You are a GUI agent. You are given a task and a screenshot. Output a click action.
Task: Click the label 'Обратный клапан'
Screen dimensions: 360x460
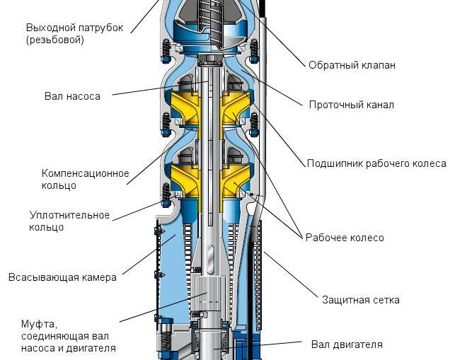(x=352, y=65)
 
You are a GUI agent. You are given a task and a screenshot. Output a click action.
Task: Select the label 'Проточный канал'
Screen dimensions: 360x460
(x=351, y=105)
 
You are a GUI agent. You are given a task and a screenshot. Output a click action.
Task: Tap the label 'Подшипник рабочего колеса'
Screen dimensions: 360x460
(x=376, y=163)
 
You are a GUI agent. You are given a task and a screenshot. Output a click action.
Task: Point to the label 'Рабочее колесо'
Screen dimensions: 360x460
(x=345, y=238)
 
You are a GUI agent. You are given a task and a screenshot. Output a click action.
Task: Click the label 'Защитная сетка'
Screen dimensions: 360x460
(x=360, y=300)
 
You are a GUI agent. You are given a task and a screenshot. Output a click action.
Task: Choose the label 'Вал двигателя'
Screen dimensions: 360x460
(x=347, y=345)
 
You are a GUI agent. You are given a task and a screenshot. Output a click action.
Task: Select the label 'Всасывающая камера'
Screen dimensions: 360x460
(x=62, y=277)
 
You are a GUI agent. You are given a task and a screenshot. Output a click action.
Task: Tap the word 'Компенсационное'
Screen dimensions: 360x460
(x=85, y=173)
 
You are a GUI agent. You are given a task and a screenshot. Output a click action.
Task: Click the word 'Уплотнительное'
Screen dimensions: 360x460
(x=69, y=214)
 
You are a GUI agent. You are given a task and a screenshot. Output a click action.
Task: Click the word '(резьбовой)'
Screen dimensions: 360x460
(x=55, y=40)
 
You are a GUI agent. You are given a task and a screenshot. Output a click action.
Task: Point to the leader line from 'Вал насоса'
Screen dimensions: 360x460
(x=156, y=88)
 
